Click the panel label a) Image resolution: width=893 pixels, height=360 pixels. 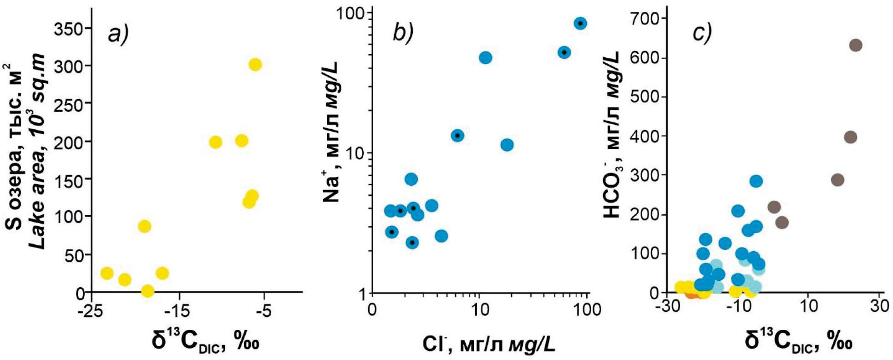(118, 34)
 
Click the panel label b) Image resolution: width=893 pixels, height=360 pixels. (402, 32)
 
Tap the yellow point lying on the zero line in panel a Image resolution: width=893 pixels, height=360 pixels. (147, 291)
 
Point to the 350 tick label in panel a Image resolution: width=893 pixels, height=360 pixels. (69, 29)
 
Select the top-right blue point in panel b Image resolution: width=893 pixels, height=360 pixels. (579, 24)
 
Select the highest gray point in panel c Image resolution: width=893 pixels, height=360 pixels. (855, 46)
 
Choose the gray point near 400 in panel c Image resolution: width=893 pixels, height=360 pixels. (850, 137)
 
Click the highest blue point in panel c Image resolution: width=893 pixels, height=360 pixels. (756, 181)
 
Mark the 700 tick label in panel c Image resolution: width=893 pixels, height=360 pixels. (643, 19)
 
